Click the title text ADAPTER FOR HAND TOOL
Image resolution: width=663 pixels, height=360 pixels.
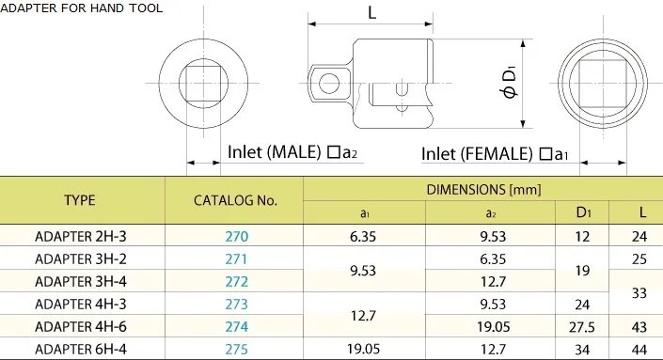pyautogui.click(x=82, y=8)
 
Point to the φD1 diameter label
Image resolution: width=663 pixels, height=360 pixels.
pyautogui.click(x=510, y=83)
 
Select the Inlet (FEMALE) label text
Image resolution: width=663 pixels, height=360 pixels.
pyautogui.click(x=480, y=154)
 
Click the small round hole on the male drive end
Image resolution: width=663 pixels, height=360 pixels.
pyautogui.click(x=328, y=83)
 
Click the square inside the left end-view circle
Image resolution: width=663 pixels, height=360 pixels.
pyautogui.click(x=202, y=83)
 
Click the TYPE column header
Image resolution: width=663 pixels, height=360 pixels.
pyautogui.click(x=81, y=199)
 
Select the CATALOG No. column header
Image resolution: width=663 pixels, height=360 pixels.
pyautogui.click(x=234, y=199)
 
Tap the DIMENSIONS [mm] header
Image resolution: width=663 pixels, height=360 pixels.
pyautogui.click(x=483, y=189)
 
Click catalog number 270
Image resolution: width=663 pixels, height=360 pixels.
pyautogui.click(x=234, y=235)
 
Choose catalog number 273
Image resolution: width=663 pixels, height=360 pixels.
pyautogui.click(x=234, y=304)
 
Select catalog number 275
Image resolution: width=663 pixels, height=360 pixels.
pyautogui.click(x=234, y=350)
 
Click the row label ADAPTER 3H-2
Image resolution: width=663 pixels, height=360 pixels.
pyautogui.click(x=81, y=258)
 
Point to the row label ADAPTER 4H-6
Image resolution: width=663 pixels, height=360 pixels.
pyautogui.click(x=81, y=327)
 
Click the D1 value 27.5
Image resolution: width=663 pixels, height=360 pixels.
pyautogui.click(x=582, y=327)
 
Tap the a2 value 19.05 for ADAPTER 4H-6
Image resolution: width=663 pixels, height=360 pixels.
pyautogui.click(x=486, y=327)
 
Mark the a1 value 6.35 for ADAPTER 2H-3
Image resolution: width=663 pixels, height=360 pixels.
pyautogui.click(x=364, y=235)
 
